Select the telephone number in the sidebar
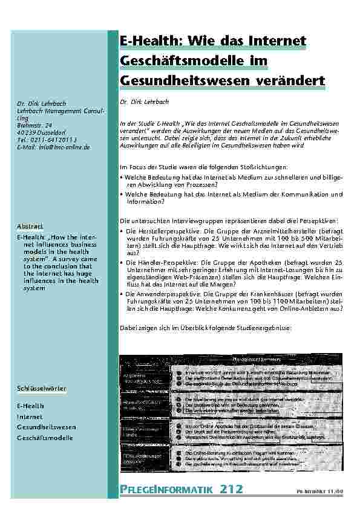click(x=58, y=140)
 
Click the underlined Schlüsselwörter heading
click(x=41, y=387)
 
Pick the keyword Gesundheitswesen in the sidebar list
click(x=46, y=427)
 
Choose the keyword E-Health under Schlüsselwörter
click(x=30, y=405)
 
